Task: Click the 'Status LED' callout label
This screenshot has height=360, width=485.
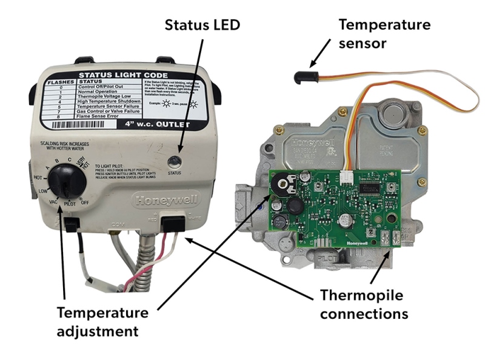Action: click(x=202, y=25)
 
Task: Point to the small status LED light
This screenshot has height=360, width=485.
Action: click(x=174, y=161)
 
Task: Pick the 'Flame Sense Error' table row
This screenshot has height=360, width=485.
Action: click(x=107, y=116)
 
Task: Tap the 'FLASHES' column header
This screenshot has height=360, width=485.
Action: click(x=61, y=81)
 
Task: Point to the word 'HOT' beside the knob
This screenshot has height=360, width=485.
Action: click(x=37, y=178)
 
